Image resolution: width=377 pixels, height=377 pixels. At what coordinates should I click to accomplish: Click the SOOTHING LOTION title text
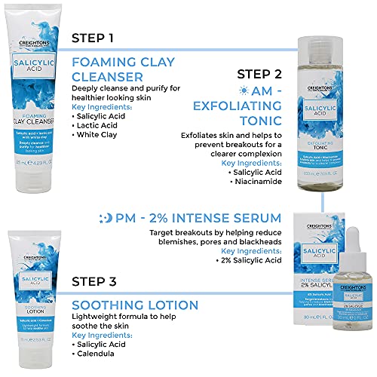(x=135, y=305)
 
